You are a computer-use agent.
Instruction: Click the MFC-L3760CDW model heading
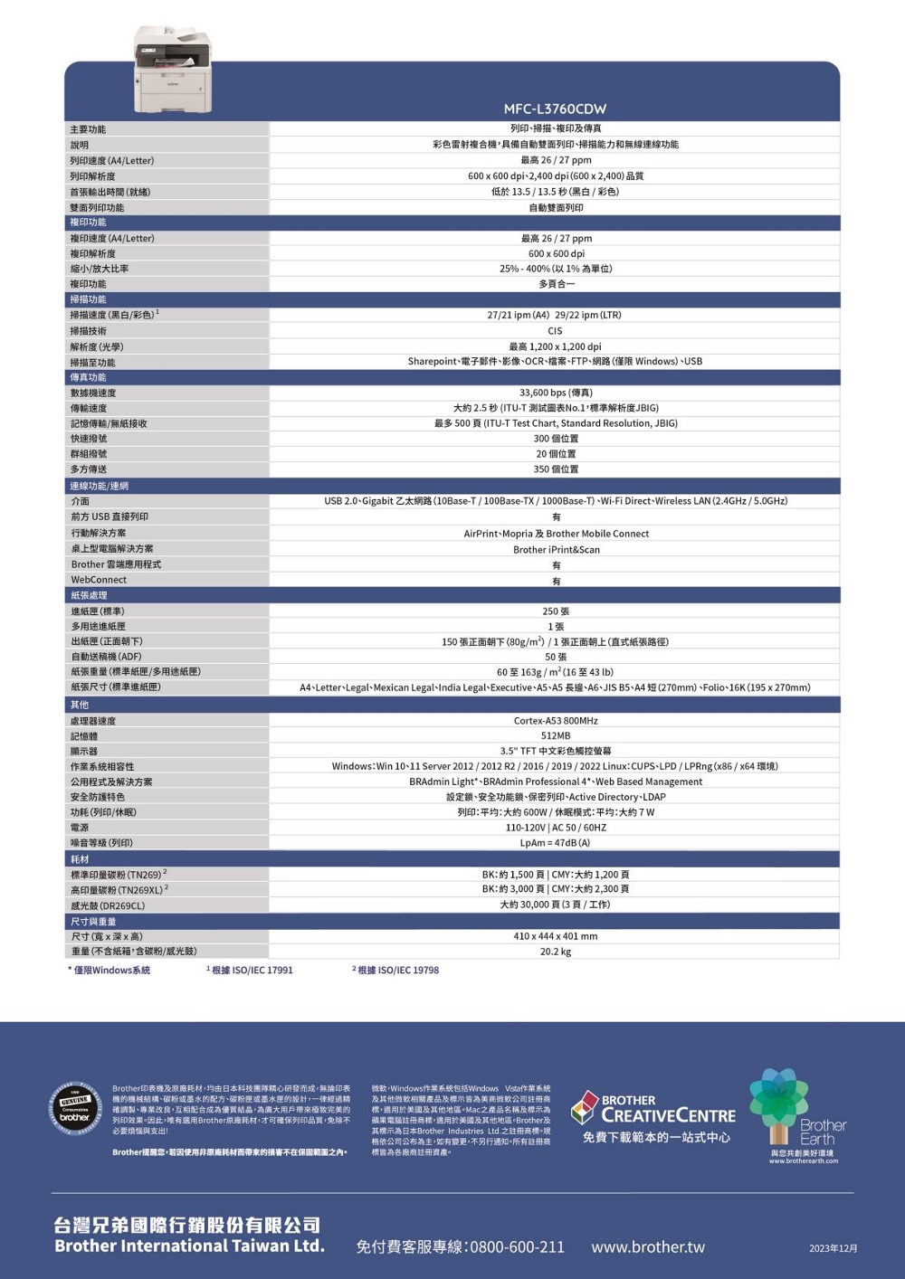point(556,109)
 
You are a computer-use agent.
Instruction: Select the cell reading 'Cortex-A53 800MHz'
point(556,721)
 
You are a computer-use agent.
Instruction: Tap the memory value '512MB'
point(556,735)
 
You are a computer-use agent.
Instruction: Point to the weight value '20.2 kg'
point(556,952)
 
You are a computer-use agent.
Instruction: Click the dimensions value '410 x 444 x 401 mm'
point(556,936)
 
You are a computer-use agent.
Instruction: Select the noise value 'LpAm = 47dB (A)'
point(556,842)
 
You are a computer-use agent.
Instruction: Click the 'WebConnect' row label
point(100,580)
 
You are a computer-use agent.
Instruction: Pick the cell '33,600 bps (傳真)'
point(556,393)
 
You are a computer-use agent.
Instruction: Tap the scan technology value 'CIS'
point(556,331)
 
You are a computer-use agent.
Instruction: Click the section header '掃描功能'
point(89,299)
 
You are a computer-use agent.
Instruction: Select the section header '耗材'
point(81,859)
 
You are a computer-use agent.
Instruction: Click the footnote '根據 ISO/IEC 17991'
point(251,970)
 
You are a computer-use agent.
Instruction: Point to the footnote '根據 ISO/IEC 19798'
point(396,970)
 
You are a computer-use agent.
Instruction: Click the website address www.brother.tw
point(648,1246)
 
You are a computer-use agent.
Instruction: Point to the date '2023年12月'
point(834,1248)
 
